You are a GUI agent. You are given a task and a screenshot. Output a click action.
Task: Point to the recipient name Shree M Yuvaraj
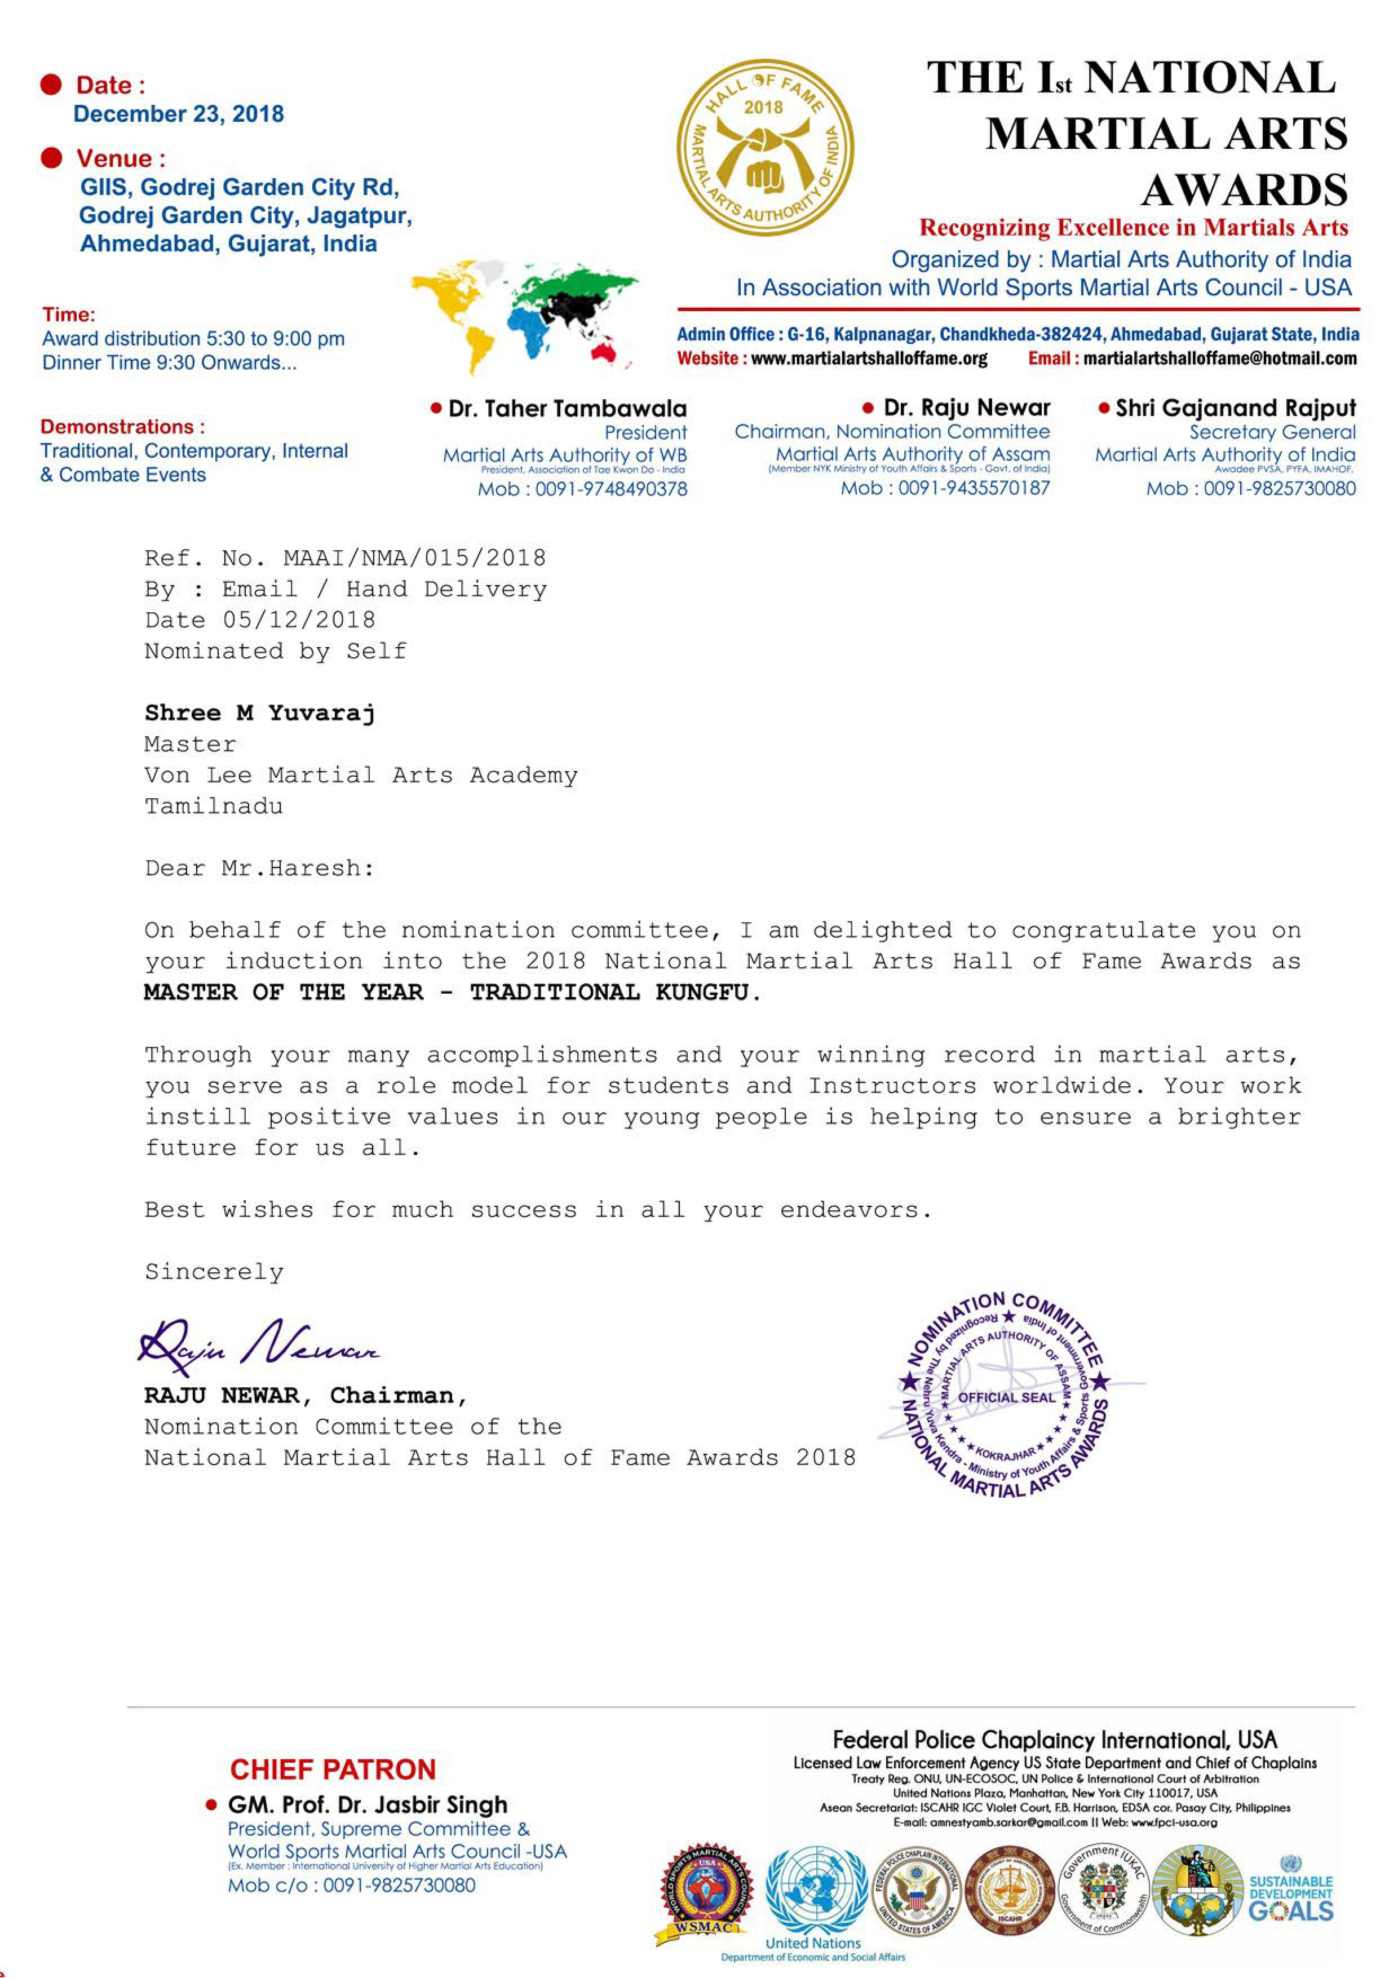[x=259, y=713]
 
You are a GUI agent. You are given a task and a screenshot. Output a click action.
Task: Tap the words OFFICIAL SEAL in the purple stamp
[x=1006, y=1397]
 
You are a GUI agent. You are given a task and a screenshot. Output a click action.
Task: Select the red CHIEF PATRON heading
[x=333, y=1769]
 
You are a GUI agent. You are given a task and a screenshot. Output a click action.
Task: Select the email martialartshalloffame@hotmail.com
[x=1220, y=359]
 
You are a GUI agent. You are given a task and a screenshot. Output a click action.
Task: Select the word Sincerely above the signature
[x=214, y=1272]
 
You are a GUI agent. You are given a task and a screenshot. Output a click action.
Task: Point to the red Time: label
[x=69, y=315]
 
